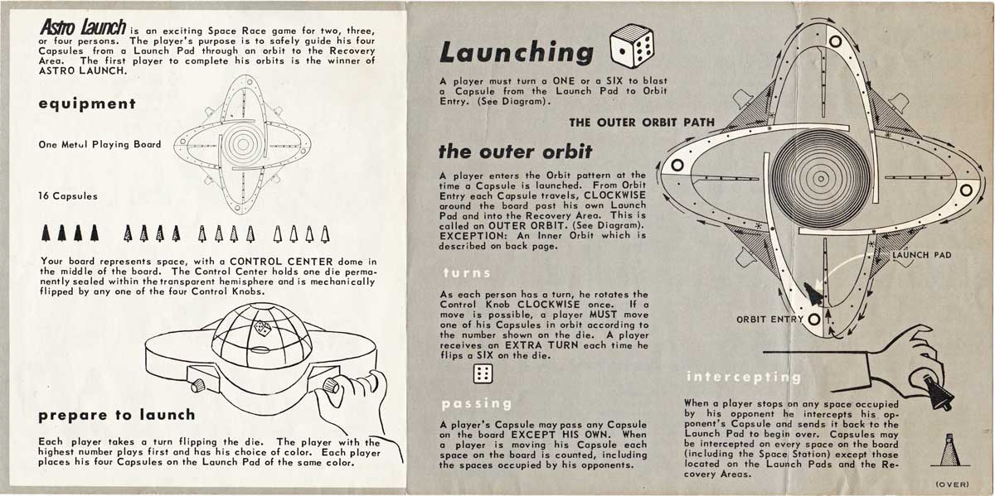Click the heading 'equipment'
click(x=86, y=104)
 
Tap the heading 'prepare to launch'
click(x=116, y=413)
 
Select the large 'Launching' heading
click(x=517, y=51)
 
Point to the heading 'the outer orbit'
click(x=515, y=152)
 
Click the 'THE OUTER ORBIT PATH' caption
click(x=641, y=123)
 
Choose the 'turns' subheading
click(x=467, y=272)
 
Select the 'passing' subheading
click(x=477, y=403)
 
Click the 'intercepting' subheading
click(x=743, y=378)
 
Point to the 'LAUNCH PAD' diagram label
click(x=921, y=255)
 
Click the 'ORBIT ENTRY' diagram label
click(x=769, y=319)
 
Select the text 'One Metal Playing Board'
click(x=99, y=144)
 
